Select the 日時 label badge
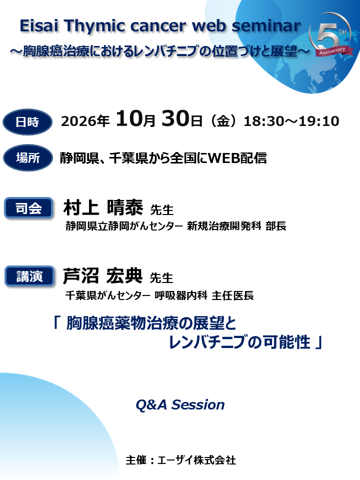27,122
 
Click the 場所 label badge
27,158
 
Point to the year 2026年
85,121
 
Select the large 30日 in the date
182,120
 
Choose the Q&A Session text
180,404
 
